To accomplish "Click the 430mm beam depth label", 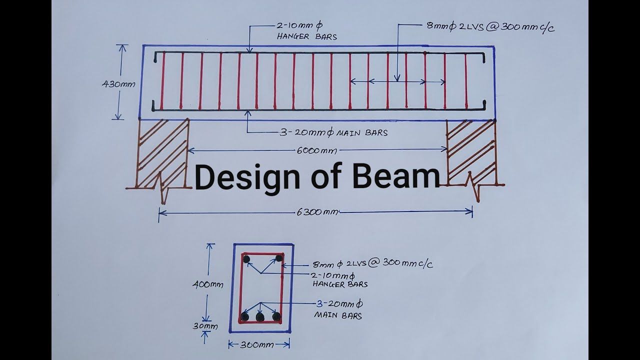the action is click(118, 84).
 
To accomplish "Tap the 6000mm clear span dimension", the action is click(317, 150).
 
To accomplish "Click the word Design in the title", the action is click(247, 177).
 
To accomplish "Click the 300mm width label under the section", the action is click(257, 344).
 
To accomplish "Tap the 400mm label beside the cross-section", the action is click(207, 284).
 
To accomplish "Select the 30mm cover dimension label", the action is click(205, 326).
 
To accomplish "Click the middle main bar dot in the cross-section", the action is click(260, 317).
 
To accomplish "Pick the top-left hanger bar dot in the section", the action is click(246, 259).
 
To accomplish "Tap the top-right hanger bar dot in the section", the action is click(279, 258).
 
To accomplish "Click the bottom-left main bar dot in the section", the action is click(244, 316).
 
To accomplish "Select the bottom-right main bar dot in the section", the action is click(276, 316).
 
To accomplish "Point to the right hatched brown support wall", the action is click(471, 152).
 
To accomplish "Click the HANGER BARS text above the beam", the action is click(307, 37).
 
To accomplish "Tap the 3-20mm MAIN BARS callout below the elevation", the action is click(333, 133).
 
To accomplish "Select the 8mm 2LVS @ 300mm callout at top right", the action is click(490, 27).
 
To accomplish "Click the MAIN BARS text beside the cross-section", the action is click(338, 315).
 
